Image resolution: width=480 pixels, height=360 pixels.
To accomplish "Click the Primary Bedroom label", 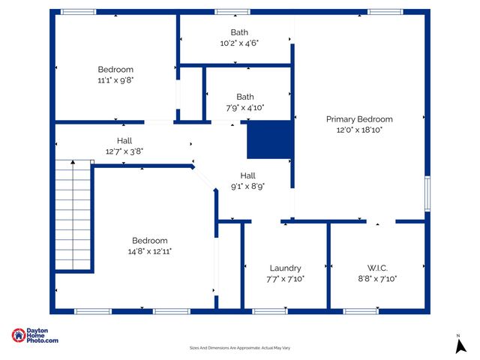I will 359,119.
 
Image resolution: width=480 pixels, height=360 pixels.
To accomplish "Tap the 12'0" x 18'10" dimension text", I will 359,130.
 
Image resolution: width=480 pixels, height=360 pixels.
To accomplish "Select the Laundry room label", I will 285,268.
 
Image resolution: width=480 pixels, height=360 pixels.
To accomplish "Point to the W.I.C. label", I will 377,268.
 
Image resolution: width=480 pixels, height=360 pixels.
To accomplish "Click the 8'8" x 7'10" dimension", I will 377,278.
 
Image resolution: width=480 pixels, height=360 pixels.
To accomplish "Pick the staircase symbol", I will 73,216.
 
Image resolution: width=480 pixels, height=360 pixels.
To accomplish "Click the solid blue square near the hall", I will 269,140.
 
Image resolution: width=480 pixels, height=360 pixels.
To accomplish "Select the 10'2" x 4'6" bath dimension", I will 239,43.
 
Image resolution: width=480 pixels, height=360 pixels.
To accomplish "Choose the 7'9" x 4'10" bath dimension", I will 245,107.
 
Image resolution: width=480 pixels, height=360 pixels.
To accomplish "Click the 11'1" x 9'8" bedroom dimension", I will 115,79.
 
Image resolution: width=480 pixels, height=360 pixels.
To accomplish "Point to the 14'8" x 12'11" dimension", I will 150,251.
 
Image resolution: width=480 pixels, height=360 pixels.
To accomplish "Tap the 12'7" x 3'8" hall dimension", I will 124,151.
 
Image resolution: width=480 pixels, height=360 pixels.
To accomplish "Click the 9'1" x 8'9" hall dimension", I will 247,186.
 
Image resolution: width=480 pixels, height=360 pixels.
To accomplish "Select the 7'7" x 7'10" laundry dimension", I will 285,278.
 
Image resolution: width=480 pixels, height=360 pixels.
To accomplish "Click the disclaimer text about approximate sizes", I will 240,348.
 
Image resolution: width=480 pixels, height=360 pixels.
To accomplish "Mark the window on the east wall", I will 427,193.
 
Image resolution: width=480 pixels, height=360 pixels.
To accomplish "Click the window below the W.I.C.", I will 361,310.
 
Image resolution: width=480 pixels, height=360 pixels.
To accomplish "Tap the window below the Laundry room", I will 270,310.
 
